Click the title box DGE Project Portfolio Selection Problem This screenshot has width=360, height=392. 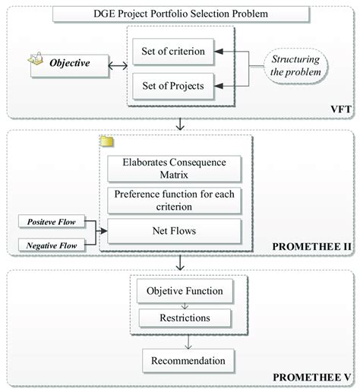tap(180, 14)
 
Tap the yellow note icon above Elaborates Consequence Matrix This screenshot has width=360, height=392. tap(107, 142)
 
